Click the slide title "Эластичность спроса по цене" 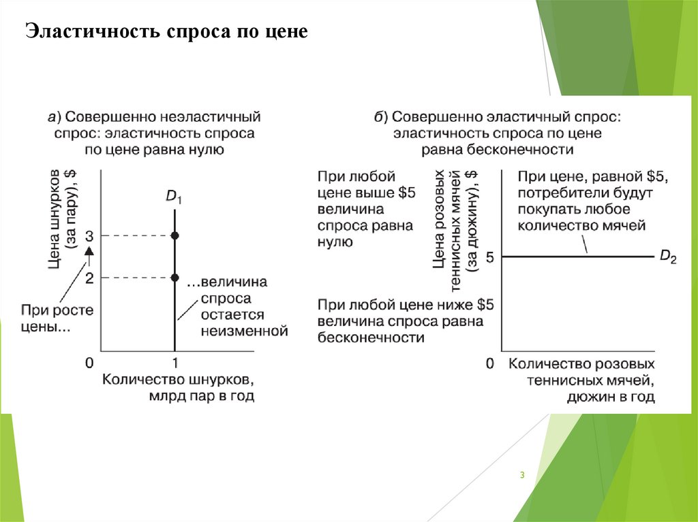pyautogui.click(x=167, y=32)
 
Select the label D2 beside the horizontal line pyautogui.click(x=668, y=257)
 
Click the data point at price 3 pyautogui.click(x=175, y=235)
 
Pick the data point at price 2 pyautogui.click(x=175, y=278)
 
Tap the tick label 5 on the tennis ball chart pyautogui.click(x=489, y=257)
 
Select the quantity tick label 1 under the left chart pyautogui.click(x=175, y=363)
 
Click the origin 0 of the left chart pyautogui.click(x=89, y=363)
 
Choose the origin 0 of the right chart pyautogui.click(x=489, y=364)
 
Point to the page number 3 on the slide pyautogui.click(x=521, y=475)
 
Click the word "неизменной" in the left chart pyautogui.click(x=245, y=331)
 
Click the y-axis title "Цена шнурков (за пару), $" pyautogui.click(x=65, y=218)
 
